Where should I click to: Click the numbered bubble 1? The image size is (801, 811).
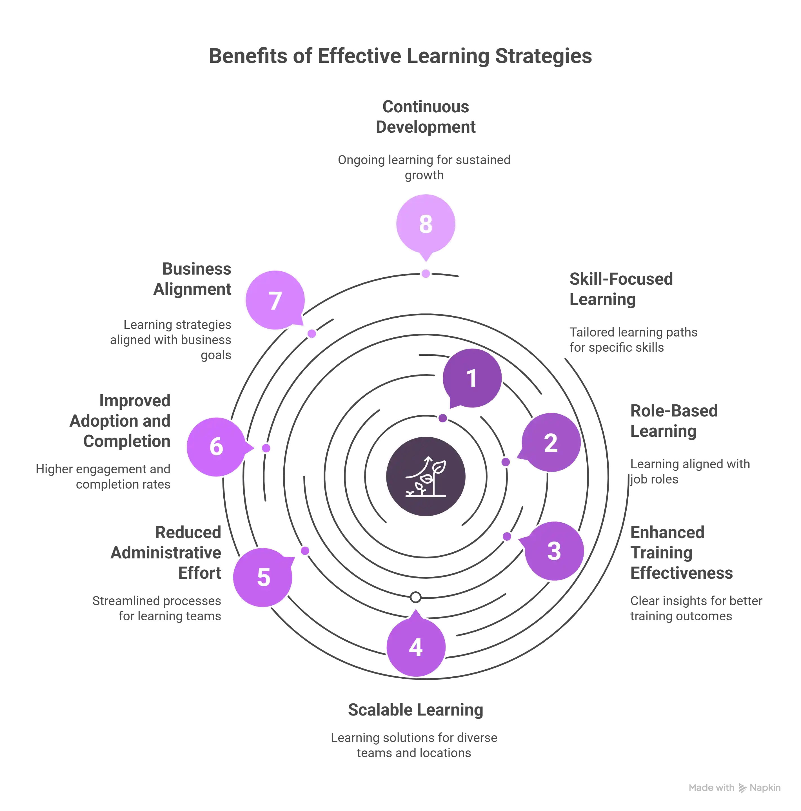472,378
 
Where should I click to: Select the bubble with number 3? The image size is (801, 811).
554,551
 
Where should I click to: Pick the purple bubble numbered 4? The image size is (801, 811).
416,647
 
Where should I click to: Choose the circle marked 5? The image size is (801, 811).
263,577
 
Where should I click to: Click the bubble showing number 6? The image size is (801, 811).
216,446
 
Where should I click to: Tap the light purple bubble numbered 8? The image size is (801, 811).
426,224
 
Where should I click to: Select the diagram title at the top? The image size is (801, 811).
400,56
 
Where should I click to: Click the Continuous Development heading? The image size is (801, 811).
426,116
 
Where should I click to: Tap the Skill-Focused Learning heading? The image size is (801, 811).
621,289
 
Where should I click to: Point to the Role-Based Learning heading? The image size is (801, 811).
674,420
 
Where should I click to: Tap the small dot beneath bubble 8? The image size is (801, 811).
426,274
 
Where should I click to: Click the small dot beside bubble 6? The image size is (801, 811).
266,448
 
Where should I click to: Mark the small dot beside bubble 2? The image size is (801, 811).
506,462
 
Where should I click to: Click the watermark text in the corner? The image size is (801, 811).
735,788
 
